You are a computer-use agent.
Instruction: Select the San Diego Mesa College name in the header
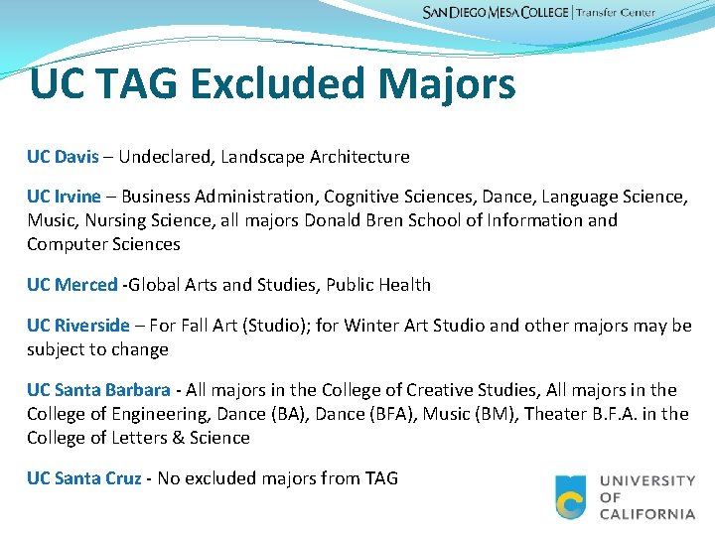(x=496, y=13)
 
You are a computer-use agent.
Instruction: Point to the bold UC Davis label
(x=63, y=157)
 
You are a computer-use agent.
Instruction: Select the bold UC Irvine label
(x=64, y=197)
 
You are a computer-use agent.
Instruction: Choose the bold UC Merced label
(x=71, y=285)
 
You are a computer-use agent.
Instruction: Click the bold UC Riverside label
(x=77, y=326)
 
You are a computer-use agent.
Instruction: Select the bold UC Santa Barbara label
(x=98, y=390)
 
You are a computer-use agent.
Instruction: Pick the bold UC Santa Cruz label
(x=84, y=478)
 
